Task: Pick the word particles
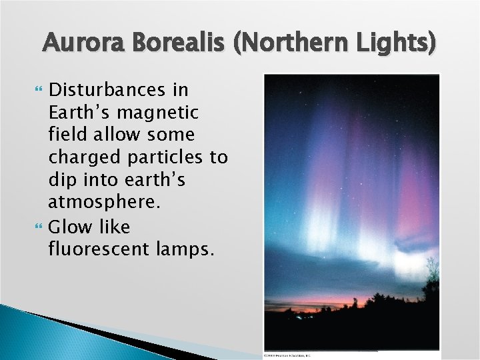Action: click(x=172, y=158)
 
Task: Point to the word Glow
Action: click(x=71, y=227)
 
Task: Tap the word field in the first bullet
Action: click(x=69, y=135)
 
